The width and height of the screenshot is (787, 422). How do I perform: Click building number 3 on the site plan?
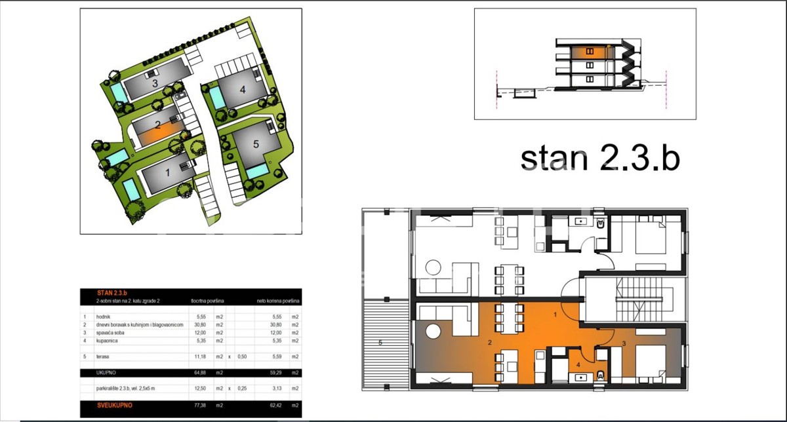pyautogui.click(x=155, y=83)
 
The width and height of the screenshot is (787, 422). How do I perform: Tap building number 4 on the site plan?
pyautogui.click(x=242, y=90)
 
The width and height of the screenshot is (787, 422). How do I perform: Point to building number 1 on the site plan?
pyautogui.click(x=167, y=173)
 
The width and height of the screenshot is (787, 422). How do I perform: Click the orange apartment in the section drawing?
pyautogui.click(x=590, y=51)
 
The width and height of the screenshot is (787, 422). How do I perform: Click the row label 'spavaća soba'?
pyautogui.click(x=110, y=332)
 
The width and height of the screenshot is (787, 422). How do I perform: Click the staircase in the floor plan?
pyautogui.click(x=639, y=298)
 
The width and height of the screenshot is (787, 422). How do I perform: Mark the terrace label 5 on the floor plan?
pyautogui.click(x=379, y=342)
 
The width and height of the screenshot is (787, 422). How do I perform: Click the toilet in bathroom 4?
pyautogui.click(x=601, y=375)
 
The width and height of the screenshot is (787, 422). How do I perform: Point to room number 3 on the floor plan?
pyautogui.click(x=624, y=343)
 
